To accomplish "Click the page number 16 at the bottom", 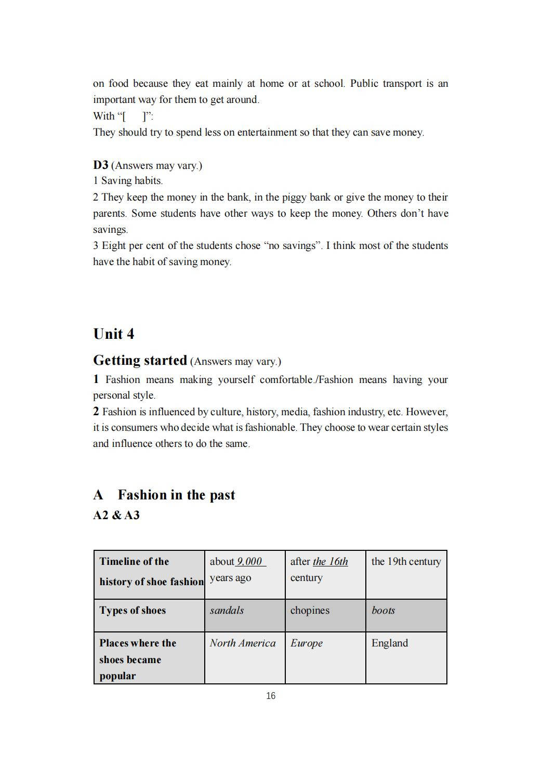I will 271,696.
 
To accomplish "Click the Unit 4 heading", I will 114,334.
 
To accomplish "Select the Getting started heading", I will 140,360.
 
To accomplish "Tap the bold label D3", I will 100,165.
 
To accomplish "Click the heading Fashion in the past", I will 176,495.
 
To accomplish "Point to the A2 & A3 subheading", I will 116,515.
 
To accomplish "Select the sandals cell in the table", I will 227,610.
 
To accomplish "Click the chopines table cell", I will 310,610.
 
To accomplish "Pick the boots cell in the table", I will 383,610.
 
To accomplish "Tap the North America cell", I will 243,643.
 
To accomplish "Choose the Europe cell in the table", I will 307,643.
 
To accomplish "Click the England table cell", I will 390,643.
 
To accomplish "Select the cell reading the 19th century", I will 406,561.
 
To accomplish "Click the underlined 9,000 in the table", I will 250,561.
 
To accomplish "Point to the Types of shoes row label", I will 133,610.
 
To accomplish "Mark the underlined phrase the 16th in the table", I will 331,561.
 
